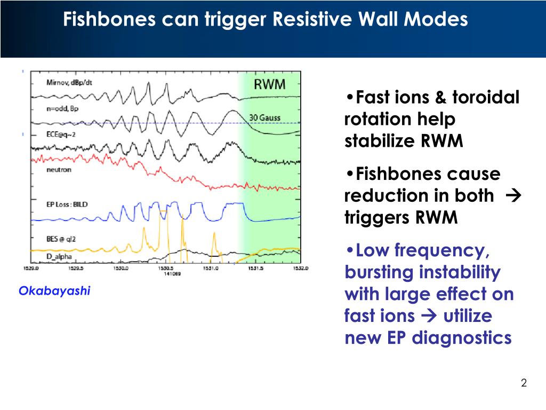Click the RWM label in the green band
pyautogui.click(x=269, y=84)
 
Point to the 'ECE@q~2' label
pyautogui.click(x=59, y=135)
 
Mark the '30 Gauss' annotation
pyautogui.click(x=266, y=117)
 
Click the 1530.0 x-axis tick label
pyautogui.click(x=121, y=269)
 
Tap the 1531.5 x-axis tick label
pyautogui.click(x=255, y=269)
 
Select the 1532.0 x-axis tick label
pyautogui.click(x=300, y=269)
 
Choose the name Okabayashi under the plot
pyautogui.click(x=54, y=291)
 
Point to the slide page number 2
pyautogui.click(x=524, y=383)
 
